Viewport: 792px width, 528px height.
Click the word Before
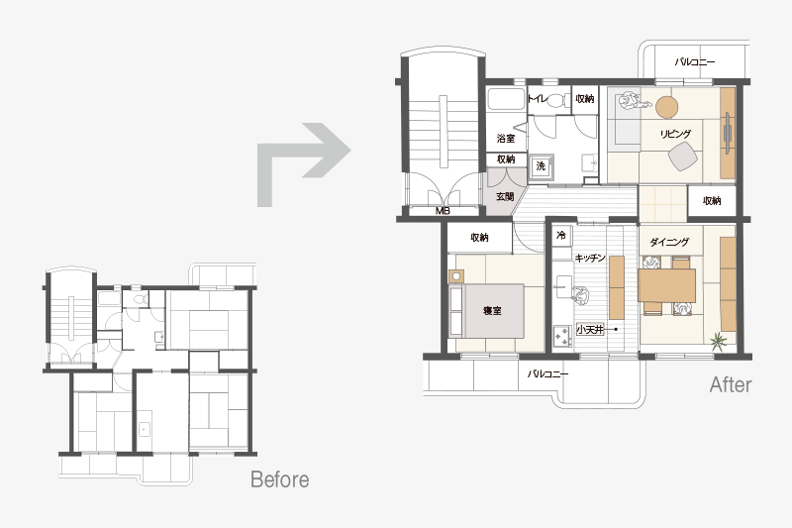tap(280, 479)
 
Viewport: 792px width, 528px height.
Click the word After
tap(731, 385)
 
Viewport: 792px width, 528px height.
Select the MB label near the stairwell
tap(443, 211)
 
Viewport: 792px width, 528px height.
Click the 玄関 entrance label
tap(505, 196)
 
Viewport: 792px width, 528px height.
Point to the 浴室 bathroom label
tap(506, 138)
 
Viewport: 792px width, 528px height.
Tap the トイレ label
tap(537, 98)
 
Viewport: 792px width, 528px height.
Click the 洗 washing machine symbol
tap(541, 166)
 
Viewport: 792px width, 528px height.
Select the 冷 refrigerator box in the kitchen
tap(561, 236)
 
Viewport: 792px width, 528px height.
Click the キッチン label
tap(590, 258)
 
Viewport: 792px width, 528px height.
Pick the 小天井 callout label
tap(590, 330)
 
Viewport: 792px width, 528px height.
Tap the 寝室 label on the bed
tap(492, 311)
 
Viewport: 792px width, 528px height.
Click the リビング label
tap(675, 134)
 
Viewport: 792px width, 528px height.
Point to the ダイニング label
tap(669, 242)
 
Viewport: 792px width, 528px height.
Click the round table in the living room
tap(666, 107)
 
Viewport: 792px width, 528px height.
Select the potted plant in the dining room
tap(718, 342)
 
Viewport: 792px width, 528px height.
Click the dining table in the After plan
tap(667, 285)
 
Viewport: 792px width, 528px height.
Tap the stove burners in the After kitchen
tap(561, 336)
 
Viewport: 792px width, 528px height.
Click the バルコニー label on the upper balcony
tap(695, 62)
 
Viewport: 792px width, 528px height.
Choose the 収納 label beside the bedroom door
tap(479, 238)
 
